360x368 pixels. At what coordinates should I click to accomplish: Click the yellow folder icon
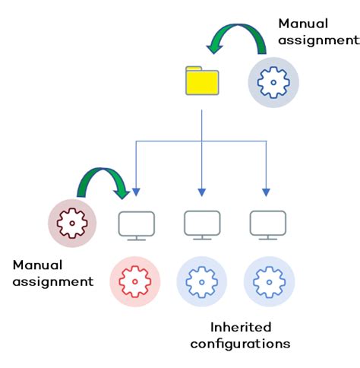[201, 81]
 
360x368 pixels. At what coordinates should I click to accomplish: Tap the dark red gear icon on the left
[73, 224]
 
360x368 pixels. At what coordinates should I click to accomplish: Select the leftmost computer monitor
[137, 226]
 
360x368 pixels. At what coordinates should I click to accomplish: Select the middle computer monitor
[201, 226]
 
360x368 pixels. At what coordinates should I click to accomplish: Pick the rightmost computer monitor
[267, 226]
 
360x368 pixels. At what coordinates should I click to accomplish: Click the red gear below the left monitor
[135, 281]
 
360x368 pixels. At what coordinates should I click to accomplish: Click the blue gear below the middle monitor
[201, 281]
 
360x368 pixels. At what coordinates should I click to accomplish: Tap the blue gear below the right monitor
[268, 281]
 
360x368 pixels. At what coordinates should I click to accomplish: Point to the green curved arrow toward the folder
[236, 38]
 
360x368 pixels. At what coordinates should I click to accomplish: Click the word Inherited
[240, 327]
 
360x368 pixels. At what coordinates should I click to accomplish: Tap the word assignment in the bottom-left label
[52, 282]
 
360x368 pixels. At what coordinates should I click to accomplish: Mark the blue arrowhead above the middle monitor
[201, 191]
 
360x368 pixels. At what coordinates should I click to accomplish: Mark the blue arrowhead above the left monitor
[136, 191]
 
